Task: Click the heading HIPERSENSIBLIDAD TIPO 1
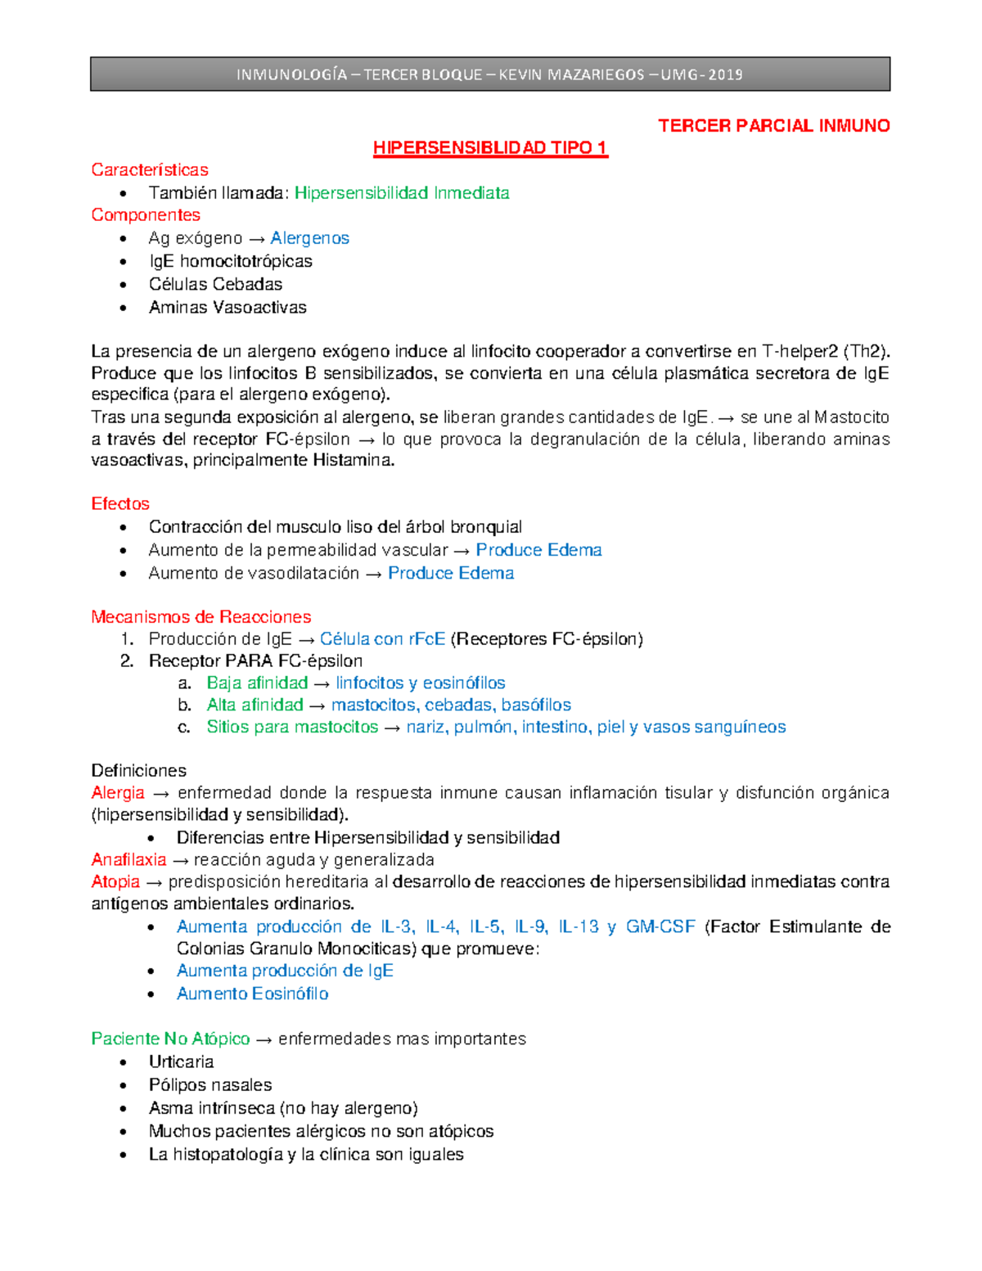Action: tap(490, 148)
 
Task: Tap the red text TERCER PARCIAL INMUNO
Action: tap(773, 126)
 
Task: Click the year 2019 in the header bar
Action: tap(725, 74)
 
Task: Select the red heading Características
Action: tap(150, 170)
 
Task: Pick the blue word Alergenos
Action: tap(309, 238)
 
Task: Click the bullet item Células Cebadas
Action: tap(215, 284)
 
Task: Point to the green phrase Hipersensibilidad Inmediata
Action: tap(402, 193)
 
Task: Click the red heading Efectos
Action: tap(120, 504)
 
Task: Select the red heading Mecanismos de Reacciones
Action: tap(201, 617)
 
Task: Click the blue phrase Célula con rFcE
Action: tap(382, 639)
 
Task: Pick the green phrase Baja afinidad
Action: tap(257, 683)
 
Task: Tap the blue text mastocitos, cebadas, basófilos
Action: tap(451, 705)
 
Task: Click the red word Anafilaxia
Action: tap(128, 860)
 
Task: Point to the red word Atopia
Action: tap(115, 882)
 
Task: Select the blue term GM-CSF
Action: tap(660, 927)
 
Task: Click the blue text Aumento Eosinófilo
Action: tap(253, 994)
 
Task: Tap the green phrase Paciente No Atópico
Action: tap(170, 1039)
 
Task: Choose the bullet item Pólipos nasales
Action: tap(210, 1085)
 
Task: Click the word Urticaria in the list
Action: tap(181, 1062)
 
